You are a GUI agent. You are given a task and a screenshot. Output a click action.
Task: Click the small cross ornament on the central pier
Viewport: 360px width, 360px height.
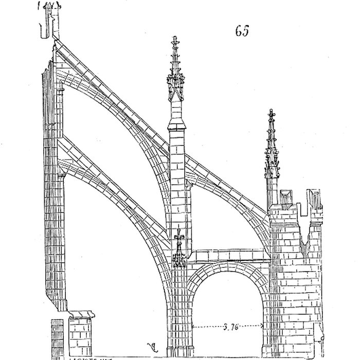(178, 237)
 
